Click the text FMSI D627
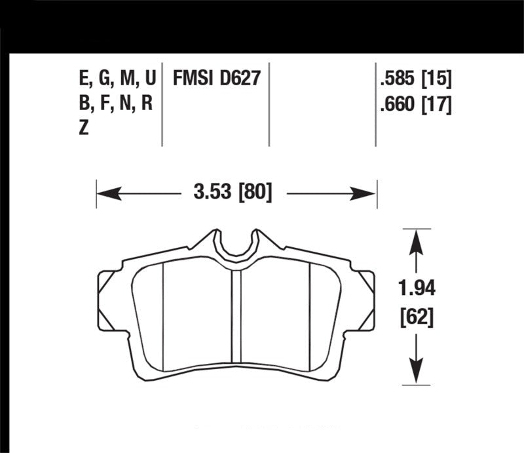(216, 78)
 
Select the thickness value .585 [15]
(416, 79)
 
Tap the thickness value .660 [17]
(416, 104)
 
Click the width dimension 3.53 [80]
(233, 192)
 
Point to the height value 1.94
(417, 288)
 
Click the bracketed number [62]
(417, 317)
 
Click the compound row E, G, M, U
(118, 79)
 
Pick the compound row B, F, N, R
(116, 104)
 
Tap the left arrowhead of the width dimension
(109, 193)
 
